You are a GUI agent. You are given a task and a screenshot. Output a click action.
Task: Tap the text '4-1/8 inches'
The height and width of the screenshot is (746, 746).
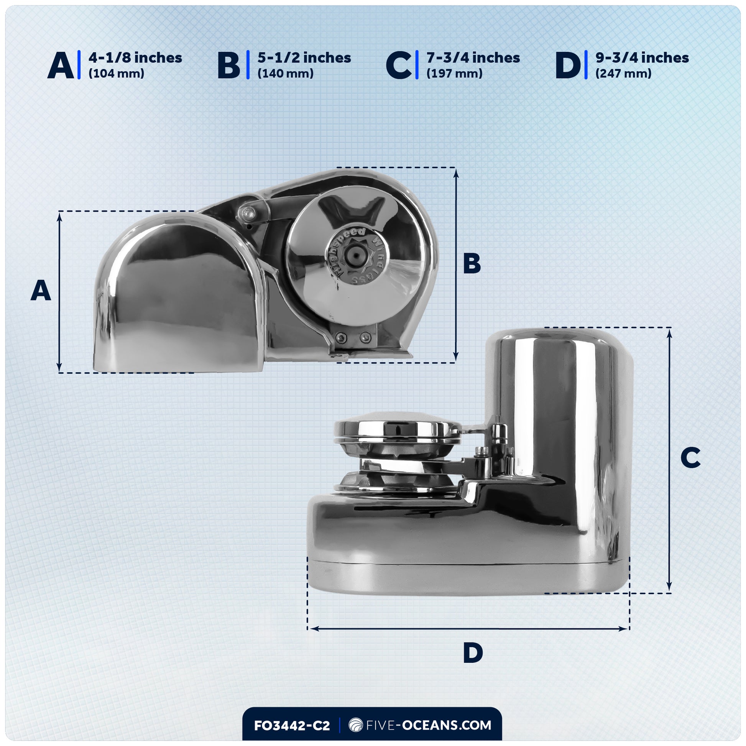coord(135,58)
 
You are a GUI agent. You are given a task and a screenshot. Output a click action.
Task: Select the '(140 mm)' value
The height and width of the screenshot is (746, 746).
coord(285,73)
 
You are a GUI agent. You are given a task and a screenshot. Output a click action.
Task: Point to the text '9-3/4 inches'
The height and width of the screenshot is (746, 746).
coord(642,58)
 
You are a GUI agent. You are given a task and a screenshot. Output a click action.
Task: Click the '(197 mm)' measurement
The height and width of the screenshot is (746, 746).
coord(455,73)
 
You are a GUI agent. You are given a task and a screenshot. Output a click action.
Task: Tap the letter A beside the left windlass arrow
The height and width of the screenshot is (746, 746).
coord(41,291)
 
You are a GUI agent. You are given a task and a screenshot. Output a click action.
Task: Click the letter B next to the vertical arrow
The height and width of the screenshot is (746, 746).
coord(472,264)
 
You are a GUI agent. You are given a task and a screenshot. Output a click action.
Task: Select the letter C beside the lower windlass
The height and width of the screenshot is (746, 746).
coord(690,458)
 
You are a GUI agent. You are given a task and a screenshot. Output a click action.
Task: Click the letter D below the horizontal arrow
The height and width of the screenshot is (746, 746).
coord(473,653)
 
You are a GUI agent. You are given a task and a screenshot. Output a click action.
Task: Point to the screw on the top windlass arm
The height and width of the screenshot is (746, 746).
coord(247,212)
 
